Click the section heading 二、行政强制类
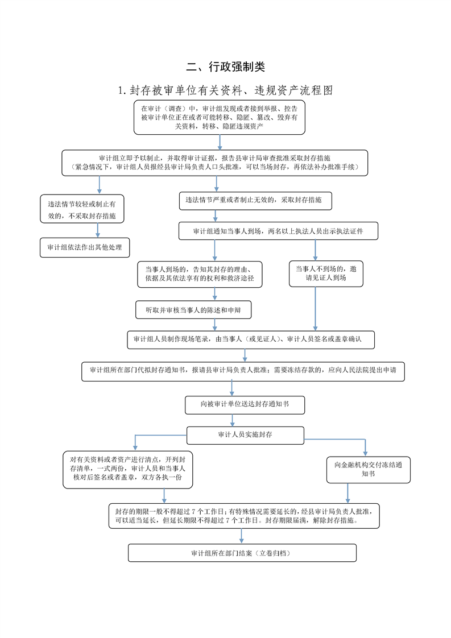pyautogui.click(x=225, y=67)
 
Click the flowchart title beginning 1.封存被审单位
pyautogui.click(x=225, y=90)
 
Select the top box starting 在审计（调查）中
pyautogui.click(x=220, y=117)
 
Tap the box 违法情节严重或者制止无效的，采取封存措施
pyautogui.click(x=255, y=201)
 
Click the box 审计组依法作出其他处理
pyautogui.click(x=85, y=247)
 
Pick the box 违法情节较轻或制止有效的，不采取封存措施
pyautogui.click(x=82, y=209)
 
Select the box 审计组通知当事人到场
pyautogui.click(x=279, y=231)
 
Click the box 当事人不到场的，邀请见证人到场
pyautogui.click(x=326, y=274)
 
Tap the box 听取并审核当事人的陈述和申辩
pyautogui.click(x=193, y=310)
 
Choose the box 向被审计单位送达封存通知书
pyautogui.click(x=245, y=405)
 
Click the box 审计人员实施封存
pyautogui.click(x=246, y=435)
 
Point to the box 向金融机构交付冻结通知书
pyautogui.click(x=369, y=470)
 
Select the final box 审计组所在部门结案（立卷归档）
pyautogui.click(x=242, y=553)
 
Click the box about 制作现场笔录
pyautogui.click(x=251, y=339)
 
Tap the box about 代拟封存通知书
pyautogui.click(x=243, y=371)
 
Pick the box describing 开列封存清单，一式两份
pyautogui.click(x=128, y=469)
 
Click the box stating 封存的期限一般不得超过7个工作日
pyautogui.click(x=244, y=516)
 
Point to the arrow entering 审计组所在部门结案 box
pyautogui.click(x=241, y=536)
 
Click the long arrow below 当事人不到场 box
pyautogui.click(x=315, y=308)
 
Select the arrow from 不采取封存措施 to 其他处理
pyautogui.click(x=98, y=230)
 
